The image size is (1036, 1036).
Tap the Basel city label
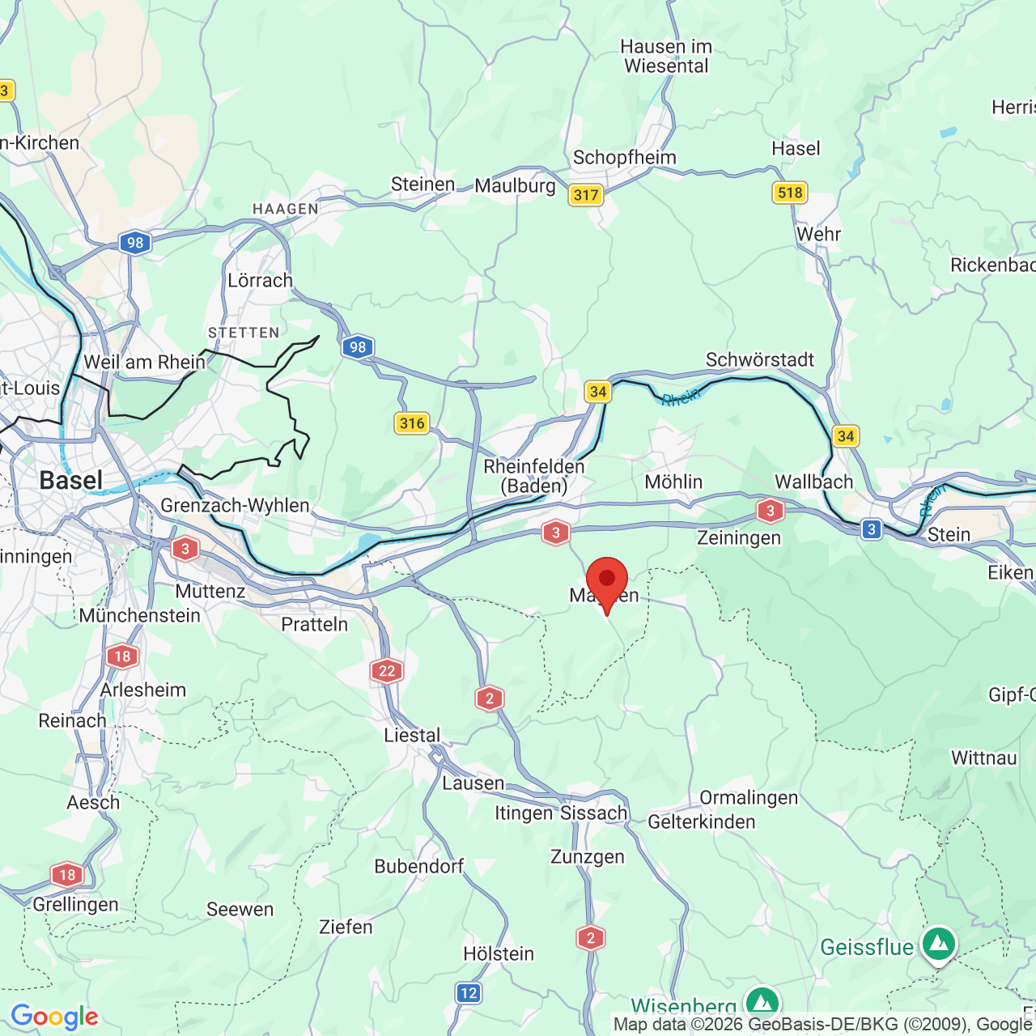point(71,480)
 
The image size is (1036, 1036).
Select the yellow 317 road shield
point(585,195)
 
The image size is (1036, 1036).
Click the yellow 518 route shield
point(789,193)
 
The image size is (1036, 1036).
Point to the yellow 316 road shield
point(412,423)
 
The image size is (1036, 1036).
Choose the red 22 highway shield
point(387,671)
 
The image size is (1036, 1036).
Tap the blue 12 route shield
point(469,993)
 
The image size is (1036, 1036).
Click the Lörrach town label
point(260,281)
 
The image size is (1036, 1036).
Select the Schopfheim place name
point(624,158)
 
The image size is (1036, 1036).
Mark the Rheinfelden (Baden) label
point(534,476)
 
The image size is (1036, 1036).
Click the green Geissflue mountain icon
point(938,944)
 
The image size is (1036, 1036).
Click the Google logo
point(54,1017)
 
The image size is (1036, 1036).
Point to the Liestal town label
point(412,736)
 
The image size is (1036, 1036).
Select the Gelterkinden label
point(701,822)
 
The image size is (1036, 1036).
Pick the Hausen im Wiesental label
point(666,57)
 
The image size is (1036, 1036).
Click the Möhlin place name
point(673,482)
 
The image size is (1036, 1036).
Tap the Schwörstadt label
point(759,360)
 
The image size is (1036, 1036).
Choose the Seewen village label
point(240,910)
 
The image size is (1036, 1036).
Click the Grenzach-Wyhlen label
point(235,506)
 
